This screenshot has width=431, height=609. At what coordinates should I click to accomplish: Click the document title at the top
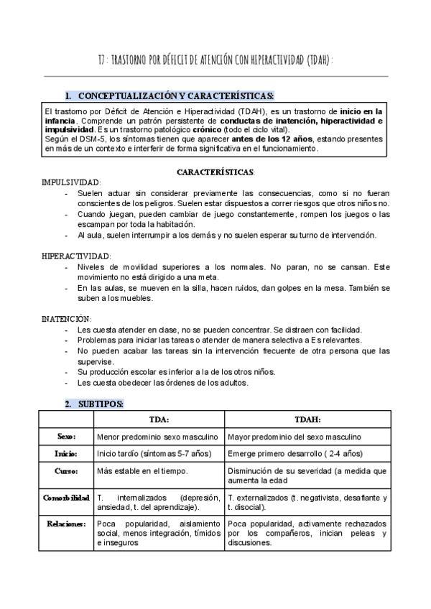[x=215, y=59]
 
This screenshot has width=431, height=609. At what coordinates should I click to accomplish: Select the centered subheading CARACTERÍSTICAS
[x=215, y=173]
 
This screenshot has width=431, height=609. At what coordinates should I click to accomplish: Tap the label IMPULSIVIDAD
[x=73, y=183]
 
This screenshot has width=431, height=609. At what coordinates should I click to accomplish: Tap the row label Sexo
[x=66, y=437]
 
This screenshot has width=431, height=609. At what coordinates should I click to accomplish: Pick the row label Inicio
[x=66, y=454]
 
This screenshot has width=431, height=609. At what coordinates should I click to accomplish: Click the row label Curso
[x=66, y=471]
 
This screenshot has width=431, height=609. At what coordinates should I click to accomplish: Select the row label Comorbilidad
[x=66, y=498]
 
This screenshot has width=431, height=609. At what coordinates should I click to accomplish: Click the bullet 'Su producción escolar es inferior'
[x=176, y=371]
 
